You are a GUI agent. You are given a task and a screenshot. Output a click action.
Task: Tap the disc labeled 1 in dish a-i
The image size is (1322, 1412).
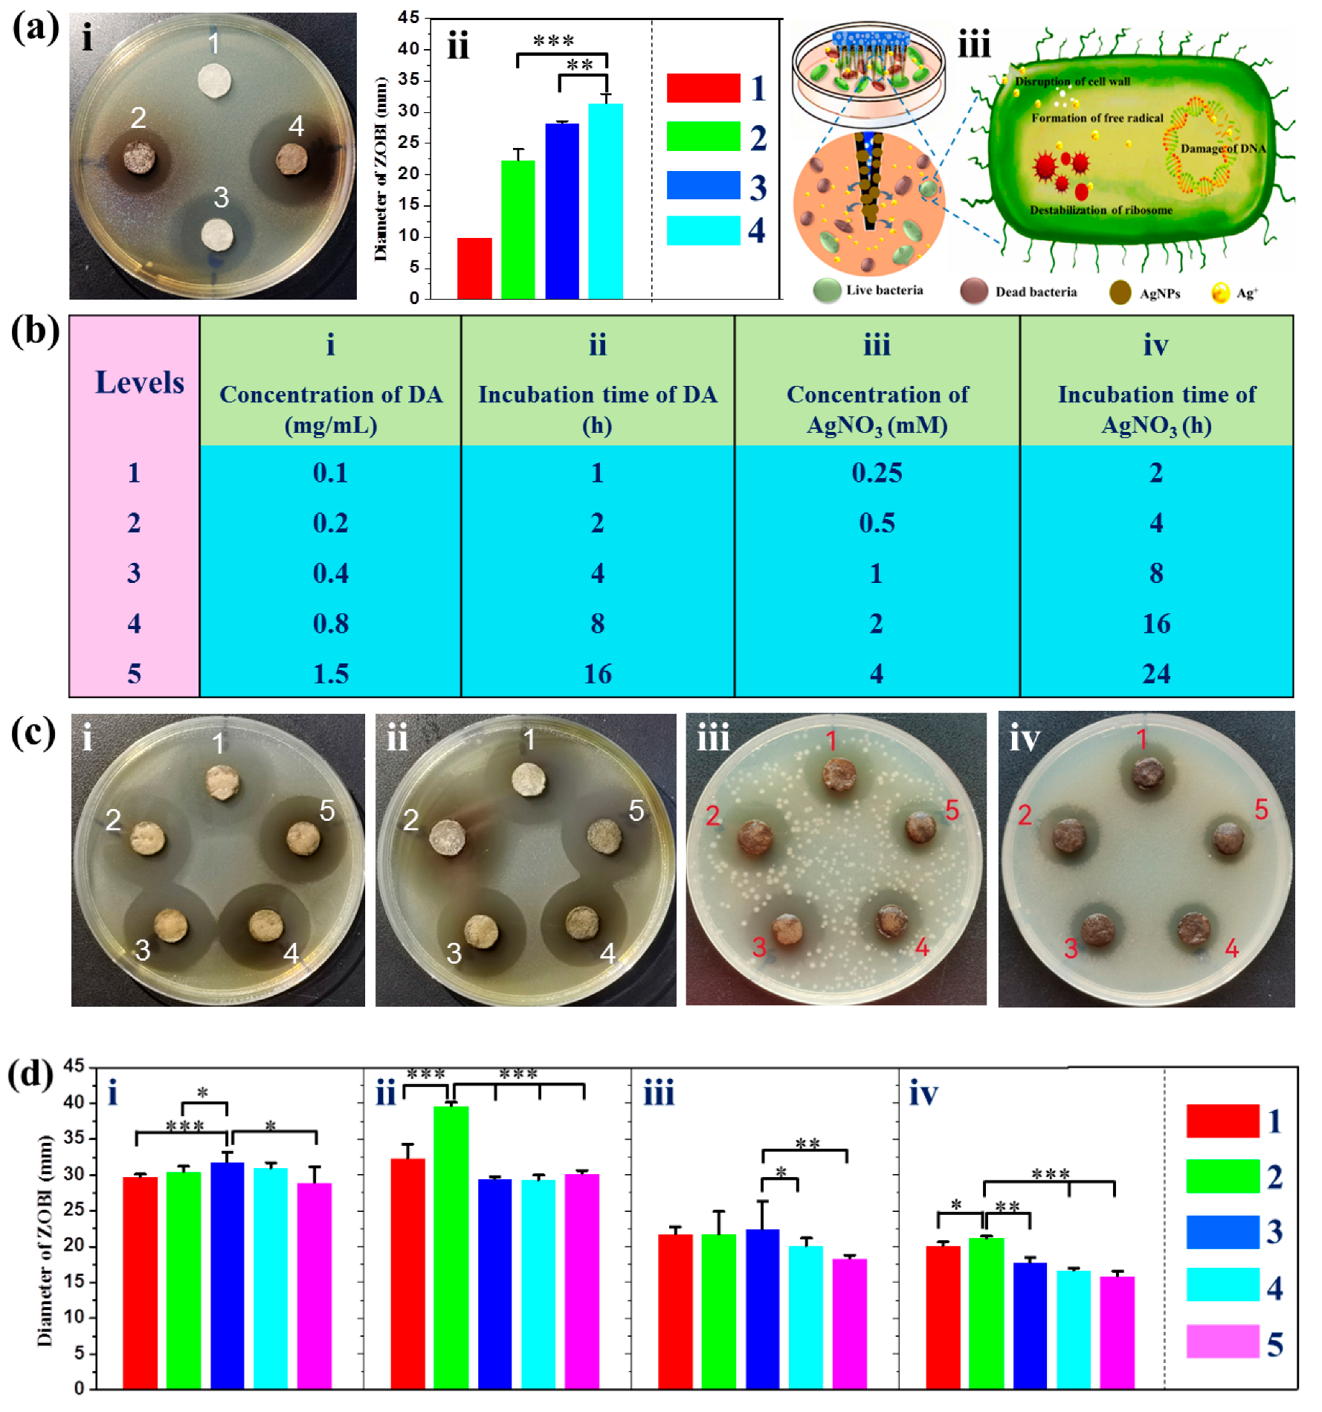[x=214, y=80]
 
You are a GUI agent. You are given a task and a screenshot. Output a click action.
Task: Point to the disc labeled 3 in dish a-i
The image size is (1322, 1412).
[x=217, y=235]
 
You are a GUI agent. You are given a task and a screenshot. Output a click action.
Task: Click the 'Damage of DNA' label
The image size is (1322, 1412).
[x=1223, y=149]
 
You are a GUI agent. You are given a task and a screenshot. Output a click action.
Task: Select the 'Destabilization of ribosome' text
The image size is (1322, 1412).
[x=1100, y=210]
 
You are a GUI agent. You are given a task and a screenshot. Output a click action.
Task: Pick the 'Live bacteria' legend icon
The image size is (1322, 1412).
[x=827, y=291]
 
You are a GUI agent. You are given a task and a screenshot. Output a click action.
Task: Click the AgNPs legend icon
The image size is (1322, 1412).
[x=1120, y=293]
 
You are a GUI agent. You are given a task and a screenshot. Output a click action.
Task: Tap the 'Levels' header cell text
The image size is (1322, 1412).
[x=140, y=382]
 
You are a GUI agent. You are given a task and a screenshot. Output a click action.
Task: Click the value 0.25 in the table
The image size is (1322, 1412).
[x=877, y=473]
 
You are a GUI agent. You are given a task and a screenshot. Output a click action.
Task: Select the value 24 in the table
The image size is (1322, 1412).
[x=1156, y=674]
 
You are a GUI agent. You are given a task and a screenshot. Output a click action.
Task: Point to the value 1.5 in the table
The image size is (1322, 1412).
[x=330, y=674]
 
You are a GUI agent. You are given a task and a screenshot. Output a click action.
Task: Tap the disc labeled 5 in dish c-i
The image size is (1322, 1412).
[x=303, y=838]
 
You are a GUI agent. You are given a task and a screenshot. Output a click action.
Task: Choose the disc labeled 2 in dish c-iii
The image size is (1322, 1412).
[x=756, y=836]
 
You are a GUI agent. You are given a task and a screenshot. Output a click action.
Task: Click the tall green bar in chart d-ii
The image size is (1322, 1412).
[x=451, y=1249]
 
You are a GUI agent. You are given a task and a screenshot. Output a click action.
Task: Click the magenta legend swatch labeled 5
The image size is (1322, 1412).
[x=1222, y=1342]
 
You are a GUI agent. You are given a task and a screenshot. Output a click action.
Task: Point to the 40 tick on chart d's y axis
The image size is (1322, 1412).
[x=74, y=1103]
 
